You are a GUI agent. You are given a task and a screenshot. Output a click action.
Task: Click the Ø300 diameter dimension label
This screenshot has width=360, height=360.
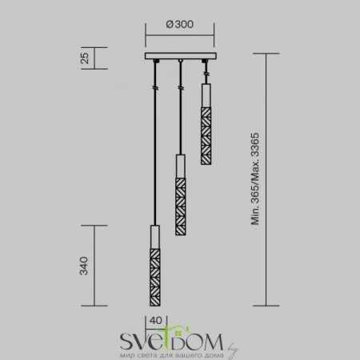[x=179, y=25]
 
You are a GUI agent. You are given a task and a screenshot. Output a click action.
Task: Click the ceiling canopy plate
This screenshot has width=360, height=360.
[x=180, y=58]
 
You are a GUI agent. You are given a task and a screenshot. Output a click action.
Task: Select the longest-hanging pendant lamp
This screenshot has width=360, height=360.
[x=154, y=264]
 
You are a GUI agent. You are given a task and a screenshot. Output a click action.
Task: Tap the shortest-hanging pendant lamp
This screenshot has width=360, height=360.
[x=206, y=120]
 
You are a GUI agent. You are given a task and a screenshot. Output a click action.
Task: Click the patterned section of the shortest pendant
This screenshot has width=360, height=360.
[x=206, y=128]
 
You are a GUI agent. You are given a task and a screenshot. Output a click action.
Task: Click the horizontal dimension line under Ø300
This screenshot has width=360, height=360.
[x=180, y=37]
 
